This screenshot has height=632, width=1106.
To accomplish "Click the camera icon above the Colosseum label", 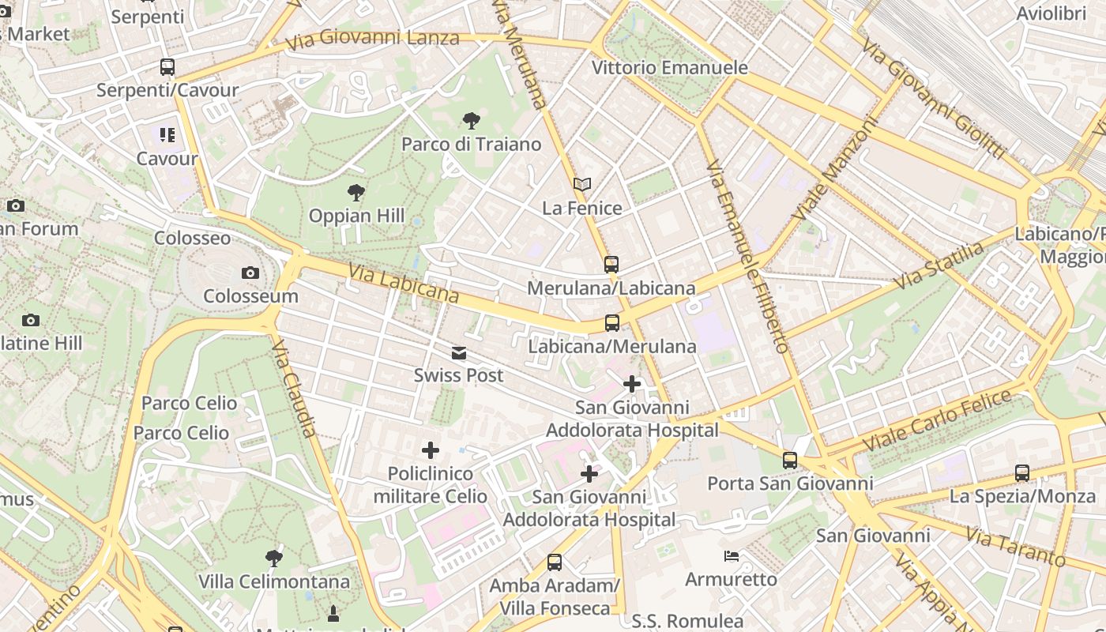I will coord(250,273).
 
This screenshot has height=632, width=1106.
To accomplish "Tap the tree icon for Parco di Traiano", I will coord(472,121).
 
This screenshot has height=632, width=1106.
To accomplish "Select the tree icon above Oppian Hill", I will coord(356,192).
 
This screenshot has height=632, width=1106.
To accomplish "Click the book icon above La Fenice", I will coord(582,184).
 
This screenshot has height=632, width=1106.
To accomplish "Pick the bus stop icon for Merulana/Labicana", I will coord(611,265).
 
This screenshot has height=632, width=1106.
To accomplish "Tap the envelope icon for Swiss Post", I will coord(459,352).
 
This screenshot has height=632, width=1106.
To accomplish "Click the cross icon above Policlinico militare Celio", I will coord(431,450).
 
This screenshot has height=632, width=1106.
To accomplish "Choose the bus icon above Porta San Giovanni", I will coord(790,460).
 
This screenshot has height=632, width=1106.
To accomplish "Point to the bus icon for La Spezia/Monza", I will coord(1022,473).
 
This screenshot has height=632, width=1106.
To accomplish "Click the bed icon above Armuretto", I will coord(732,556).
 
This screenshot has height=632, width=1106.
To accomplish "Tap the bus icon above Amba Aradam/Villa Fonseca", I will coord(555,562).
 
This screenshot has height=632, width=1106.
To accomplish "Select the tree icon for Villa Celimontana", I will coord(274,559).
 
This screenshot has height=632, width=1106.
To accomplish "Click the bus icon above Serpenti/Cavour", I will coord(167,67).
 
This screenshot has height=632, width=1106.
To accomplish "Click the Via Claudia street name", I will coord(294,388).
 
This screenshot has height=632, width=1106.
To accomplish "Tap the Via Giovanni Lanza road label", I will coord(373,39).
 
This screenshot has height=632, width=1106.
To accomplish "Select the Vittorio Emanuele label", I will coord(670,68).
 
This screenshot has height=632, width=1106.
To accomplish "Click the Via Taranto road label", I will coord(1016,548).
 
